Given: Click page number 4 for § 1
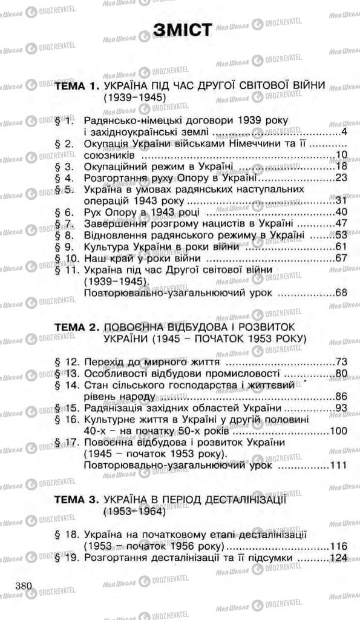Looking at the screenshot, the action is [x=343, y=132].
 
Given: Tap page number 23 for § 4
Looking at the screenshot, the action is [x=339, y=178].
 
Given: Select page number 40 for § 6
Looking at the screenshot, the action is [x=339, y=212].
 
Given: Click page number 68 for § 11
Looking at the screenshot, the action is [x=339, y=293].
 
